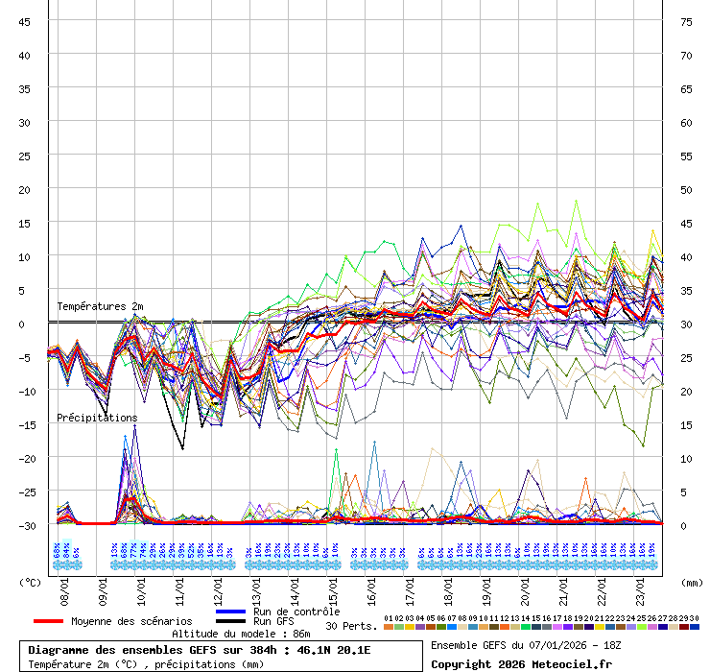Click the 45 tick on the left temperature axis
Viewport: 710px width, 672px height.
pos(24,21)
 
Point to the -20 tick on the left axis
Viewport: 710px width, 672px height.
pos(24,458)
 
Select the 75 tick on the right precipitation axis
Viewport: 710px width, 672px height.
pos(686,21)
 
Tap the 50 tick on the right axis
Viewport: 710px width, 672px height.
pos(686,189)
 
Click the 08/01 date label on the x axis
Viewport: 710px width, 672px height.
pos(65,585)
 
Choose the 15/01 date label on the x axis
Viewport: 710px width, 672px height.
pos(334,585)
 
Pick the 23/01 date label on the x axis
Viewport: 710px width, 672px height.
pos(641,585)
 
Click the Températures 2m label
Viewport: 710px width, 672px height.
pos(100,306)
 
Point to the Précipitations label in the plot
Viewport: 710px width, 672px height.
pos(97,418)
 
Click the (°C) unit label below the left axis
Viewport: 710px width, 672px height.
pos(31,582)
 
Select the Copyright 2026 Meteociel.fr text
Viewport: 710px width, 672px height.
pos(521,663)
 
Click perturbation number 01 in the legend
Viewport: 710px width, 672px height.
pos(389,618)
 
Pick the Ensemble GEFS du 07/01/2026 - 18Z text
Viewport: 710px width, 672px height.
pos(525,644)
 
